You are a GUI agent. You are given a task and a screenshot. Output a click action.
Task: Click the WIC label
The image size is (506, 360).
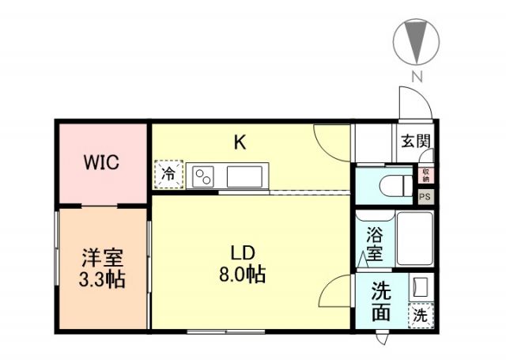point(102,164)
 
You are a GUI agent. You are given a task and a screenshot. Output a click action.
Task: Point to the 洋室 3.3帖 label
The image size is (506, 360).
point(103,268)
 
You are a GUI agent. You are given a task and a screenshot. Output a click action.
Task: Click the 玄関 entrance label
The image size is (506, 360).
point(415,142)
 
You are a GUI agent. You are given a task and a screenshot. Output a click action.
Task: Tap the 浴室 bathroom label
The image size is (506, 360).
point(374,244)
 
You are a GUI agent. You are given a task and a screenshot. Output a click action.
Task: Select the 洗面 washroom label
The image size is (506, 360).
point(380,301)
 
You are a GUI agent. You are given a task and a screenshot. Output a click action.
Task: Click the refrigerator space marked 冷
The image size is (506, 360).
point(168,175)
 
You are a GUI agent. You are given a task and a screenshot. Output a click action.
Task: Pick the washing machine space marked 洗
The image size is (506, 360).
point(421,315)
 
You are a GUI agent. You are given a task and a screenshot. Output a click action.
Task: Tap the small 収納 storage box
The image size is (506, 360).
point(425,176)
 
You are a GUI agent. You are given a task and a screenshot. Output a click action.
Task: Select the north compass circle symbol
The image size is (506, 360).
point(416,40)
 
